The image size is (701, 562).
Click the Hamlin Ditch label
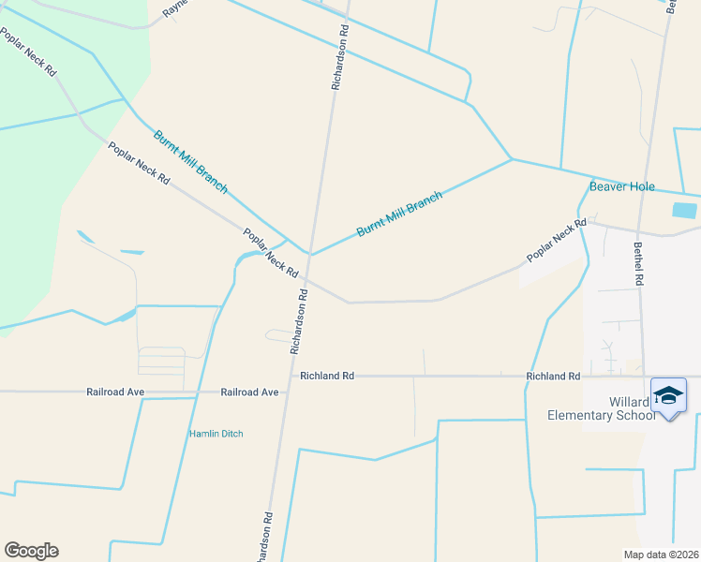[216, 434]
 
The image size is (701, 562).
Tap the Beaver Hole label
[621, 186]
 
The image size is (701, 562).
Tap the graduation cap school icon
[668, 396]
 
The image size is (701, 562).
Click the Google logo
[31, 551]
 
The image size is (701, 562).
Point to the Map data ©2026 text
[660, 554]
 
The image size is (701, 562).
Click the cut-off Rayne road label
[175, 8]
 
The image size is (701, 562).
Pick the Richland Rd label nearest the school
[553, 376]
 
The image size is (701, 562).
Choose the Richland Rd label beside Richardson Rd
[327, 376]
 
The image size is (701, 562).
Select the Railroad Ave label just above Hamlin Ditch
[250, 392]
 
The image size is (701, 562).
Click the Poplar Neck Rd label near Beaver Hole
[556, 240]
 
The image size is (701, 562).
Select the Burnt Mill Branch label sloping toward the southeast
[190, 161]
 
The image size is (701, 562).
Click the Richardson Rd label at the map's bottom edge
[266, 537]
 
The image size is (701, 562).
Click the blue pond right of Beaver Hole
[685, 211]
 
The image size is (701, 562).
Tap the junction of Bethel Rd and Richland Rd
[646, 377]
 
